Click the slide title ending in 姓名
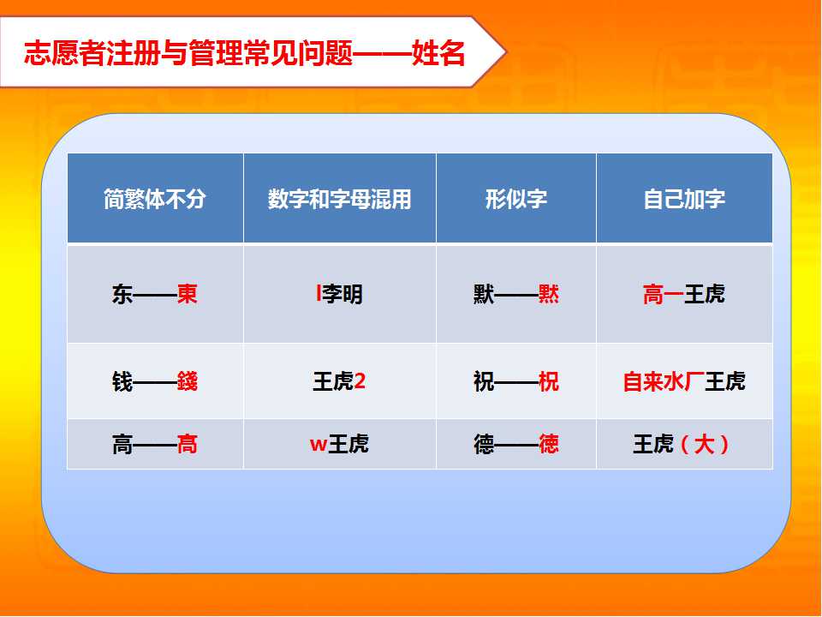tap(244, 53)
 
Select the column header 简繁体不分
tap(155, 200)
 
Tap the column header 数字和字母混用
tap(340, 200)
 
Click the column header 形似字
tap(516, 200)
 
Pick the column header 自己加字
tap(684, 200)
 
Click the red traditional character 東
tap(188, 294)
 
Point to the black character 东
tap(122, 294)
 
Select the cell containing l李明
tap(340, 294)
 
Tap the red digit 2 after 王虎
tap(360, 380)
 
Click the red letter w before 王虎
tap(319, 445)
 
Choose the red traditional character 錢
tap(188, 381)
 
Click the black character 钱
tap(122, 381)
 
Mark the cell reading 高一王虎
tap(684, 294)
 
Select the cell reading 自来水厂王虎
tap(684, 381)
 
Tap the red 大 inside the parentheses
tap(704, 445)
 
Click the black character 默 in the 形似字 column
tap(484, 294)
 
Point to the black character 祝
tap(484, 381)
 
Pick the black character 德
tap(484, 445)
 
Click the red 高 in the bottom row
tap(188, 445)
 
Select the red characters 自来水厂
tap(664, 381)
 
